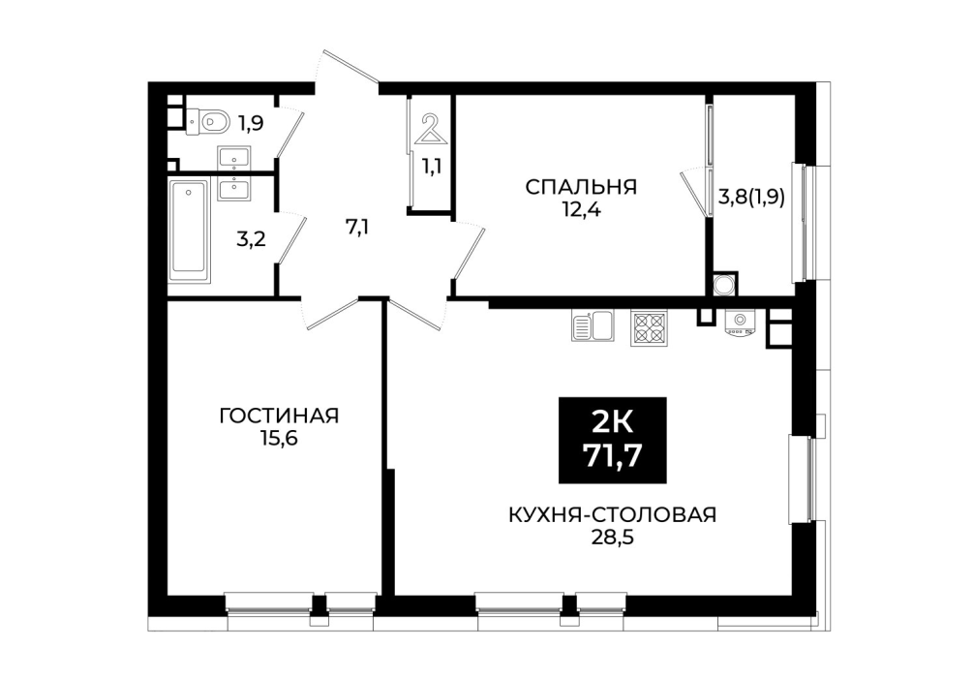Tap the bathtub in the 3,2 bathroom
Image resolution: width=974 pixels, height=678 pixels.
coord(189,227)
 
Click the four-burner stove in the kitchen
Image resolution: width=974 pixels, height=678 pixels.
coord(649,327)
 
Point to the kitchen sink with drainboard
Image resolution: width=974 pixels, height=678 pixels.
coord(592,325)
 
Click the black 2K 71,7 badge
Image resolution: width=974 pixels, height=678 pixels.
coord(613,440)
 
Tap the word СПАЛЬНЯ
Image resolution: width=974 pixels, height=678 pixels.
coord(581,187)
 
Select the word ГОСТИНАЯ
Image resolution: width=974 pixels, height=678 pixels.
coord(279,416)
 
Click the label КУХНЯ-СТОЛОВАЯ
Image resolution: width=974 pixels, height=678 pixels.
coord(613,515)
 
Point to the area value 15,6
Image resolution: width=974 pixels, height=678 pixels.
coord(280,439)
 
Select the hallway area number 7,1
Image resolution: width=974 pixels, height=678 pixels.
coord(358,228)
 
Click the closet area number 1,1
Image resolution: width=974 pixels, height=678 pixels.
coord(432,167)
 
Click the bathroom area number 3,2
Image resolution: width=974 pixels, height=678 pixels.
coord(251,238)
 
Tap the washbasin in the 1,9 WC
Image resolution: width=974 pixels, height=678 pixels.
coord(233,158)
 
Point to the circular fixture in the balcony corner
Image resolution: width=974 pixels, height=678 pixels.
coord(723,286)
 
